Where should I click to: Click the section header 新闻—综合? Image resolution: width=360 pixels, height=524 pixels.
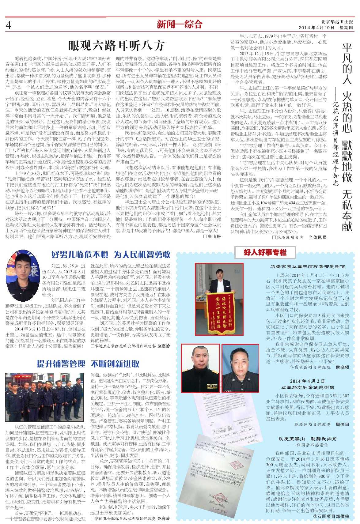pos(180,24)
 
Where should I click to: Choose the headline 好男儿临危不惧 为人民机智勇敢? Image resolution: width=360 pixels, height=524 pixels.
pos(111,254)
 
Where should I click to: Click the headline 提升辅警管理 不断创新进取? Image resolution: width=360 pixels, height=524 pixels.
pos(88,364)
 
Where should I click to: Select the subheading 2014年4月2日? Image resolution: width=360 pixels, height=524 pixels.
pos(307,381)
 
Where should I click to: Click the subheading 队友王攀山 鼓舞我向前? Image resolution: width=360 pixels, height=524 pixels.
pos(307,439)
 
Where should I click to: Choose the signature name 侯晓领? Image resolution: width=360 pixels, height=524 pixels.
pos(342,367)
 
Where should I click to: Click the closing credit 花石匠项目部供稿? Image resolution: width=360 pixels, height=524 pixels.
pos(331,516)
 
